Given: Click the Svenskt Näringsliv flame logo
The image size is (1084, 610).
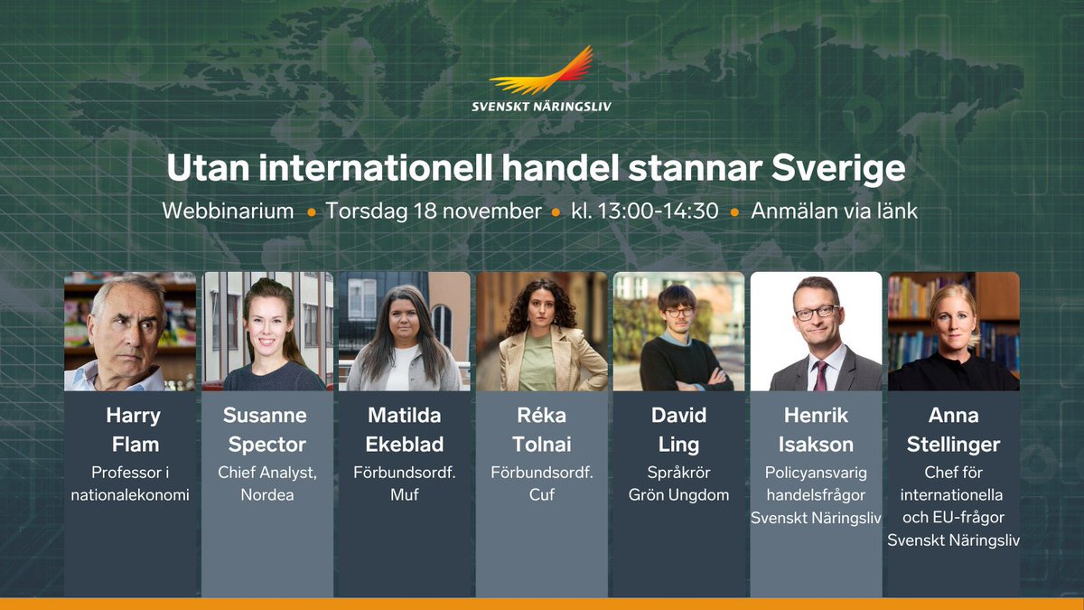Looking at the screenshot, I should coord(542,72).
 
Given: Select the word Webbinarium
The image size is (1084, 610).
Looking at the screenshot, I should coord(228,211).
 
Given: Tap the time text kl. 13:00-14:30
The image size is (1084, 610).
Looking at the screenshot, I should coord(645,211).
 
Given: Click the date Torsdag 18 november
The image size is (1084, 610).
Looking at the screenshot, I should coord(433,211).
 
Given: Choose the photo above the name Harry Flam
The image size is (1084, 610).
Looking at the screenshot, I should coord(130,332).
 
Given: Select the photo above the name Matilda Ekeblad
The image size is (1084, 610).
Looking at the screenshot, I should coord(405,332).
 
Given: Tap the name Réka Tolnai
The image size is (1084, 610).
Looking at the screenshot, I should coord(542,430).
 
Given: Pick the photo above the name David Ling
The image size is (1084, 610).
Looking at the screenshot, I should coord(679,332).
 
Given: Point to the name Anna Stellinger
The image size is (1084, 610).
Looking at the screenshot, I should coord(954,430).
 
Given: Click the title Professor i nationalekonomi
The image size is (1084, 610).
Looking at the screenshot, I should coord(130,483).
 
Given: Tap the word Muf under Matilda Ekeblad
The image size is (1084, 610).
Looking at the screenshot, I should coord(405,495).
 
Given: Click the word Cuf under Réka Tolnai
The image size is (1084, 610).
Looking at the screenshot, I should coord(542,495).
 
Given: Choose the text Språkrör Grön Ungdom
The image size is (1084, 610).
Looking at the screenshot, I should coord(679,483).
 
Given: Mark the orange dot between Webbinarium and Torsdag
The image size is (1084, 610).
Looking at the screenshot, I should coord(311,212).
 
